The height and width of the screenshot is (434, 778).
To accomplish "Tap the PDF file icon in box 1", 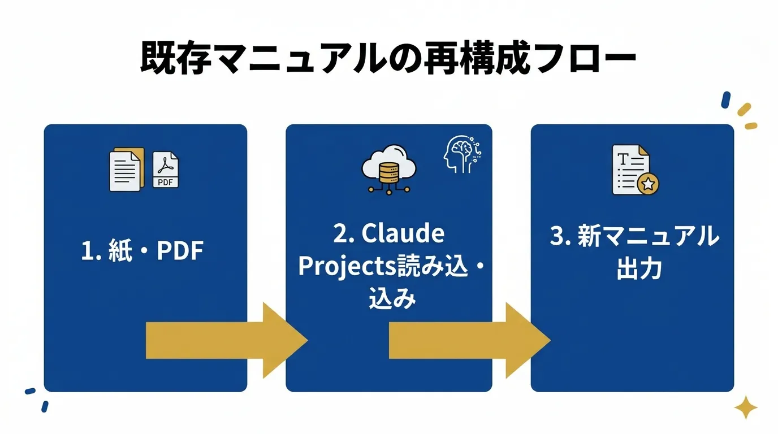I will (x=166, y=170).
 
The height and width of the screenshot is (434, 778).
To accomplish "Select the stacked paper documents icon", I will (x=126, y=170).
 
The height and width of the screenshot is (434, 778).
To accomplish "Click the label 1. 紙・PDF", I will (x=142, y=251).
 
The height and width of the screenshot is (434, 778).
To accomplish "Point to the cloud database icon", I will (x=388, y=168).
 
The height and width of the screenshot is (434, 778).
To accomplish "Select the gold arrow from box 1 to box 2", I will (x=226, y=340).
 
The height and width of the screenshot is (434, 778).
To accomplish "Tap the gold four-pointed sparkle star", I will (x=745, y=407).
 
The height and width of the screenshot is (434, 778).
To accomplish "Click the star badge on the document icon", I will (x=647, y=184).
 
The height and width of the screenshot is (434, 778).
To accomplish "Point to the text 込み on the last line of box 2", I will (x=392, y=299).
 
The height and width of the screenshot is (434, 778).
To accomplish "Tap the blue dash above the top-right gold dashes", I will (x=725, y=100).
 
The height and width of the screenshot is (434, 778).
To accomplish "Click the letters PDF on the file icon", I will (x=166, y=182).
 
